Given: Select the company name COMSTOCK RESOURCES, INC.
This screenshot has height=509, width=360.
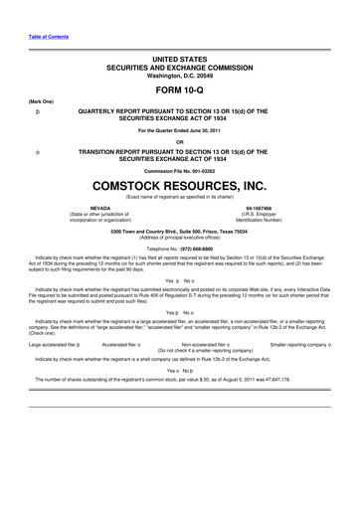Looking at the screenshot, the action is click(x=179, y=185).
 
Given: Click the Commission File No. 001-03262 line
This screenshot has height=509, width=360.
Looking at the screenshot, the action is click(x=179, y=169).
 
